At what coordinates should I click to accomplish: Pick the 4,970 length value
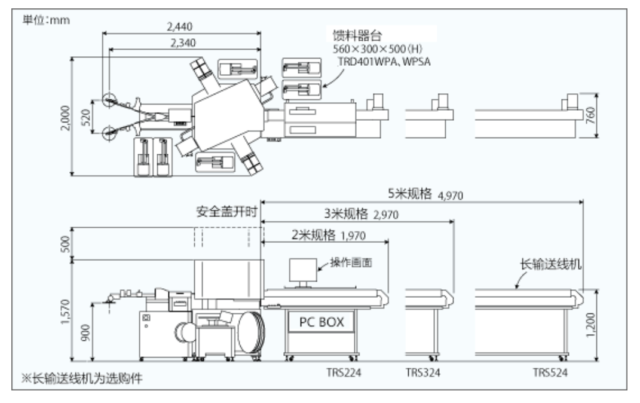[x=451, y=195]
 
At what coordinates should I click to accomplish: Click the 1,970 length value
[x=353, y=234]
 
